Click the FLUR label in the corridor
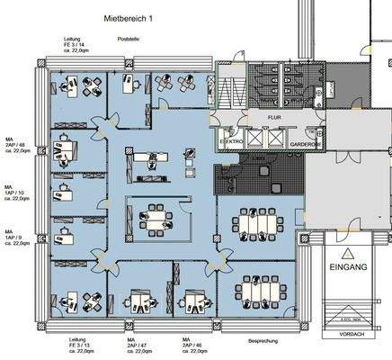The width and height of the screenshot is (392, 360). [272, 117]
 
